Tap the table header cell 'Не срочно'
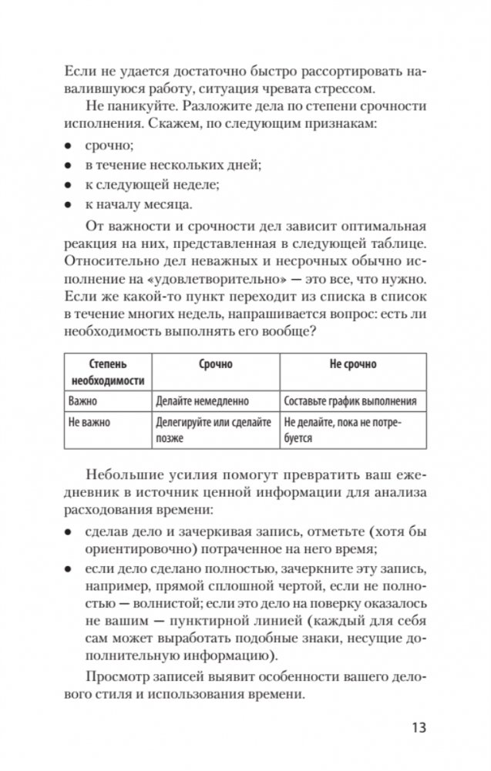coord(353,364)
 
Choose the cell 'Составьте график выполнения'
coord(350,401)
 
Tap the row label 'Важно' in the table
coord(85,401)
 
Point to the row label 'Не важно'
coord(89,423)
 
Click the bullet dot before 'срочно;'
coord(68,145)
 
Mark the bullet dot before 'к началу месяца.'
coord(68,205)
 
